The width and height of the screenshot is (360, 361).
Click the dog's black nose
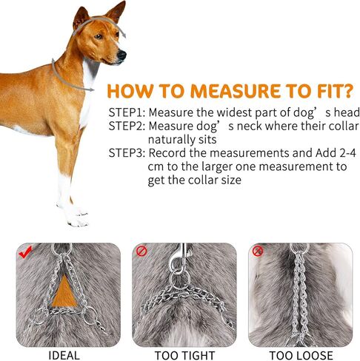(x=123, y=55)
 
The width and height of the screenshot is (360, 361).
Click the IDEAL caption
(x=64, y=355)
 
